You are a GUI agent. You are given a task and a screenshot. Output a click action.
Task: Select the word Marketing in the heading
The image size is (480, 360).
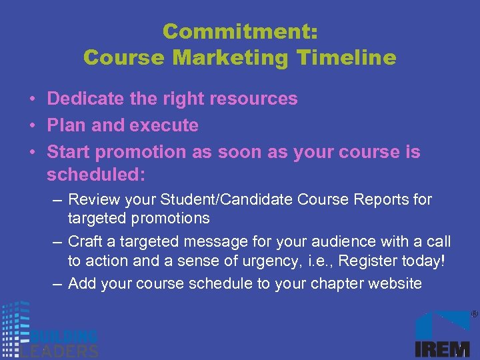tap(231, 57)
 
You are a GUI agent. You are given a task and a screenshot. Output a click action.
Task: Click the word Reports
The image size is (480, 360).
tap(382, 199)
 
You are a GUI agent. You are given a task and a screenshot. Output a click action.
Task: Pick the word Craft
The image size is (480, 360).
tap(85, 241)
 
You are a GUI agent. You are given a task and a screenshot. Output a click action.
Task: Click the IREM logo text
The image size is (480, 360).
tap(442, 347)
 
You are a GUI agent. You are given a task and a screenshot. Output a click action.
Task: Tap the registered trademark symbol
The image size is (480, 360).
tap(474, 313)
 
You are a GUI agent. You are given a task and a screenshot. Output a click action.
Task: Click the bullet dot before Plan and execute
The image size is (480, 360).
tap(32, 126)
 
